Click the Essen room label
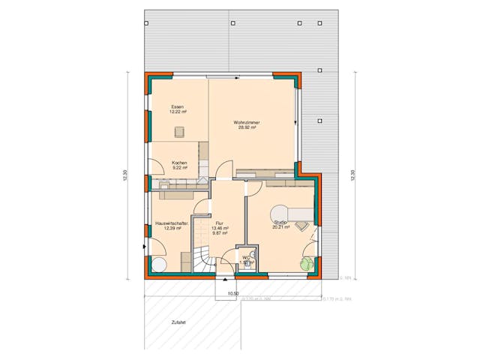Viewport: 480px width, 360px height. (x=177, y=106)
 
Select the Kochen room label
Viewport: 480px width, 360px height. (x=179, y=163)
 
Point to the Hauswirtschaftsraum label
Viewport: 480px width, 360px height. (x=171, y=223)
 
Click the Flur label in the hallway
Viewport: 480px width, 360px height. (x=219, y=223)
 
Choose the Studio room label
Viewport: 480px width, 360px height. (x=280, y=222)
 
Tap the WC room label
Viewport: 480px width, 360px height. (x=245, y=257)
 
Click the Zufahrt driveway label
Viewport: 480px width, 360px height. (x=177, y=322)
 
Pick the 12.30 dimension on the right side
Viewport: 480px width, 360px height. (x=350, y=175)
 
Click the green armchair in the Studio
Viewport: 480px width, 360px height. (x=306, y=262)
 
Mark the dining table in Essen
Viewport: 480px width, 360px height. (x=180, y=133)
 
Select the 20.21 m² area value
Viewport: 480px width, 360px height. (x=280, y=227)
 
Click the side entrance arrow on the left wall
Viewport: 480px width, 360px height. (x=143, y=247)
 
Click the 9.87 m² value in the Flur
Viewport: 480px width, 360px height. (x=220, y=232)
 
